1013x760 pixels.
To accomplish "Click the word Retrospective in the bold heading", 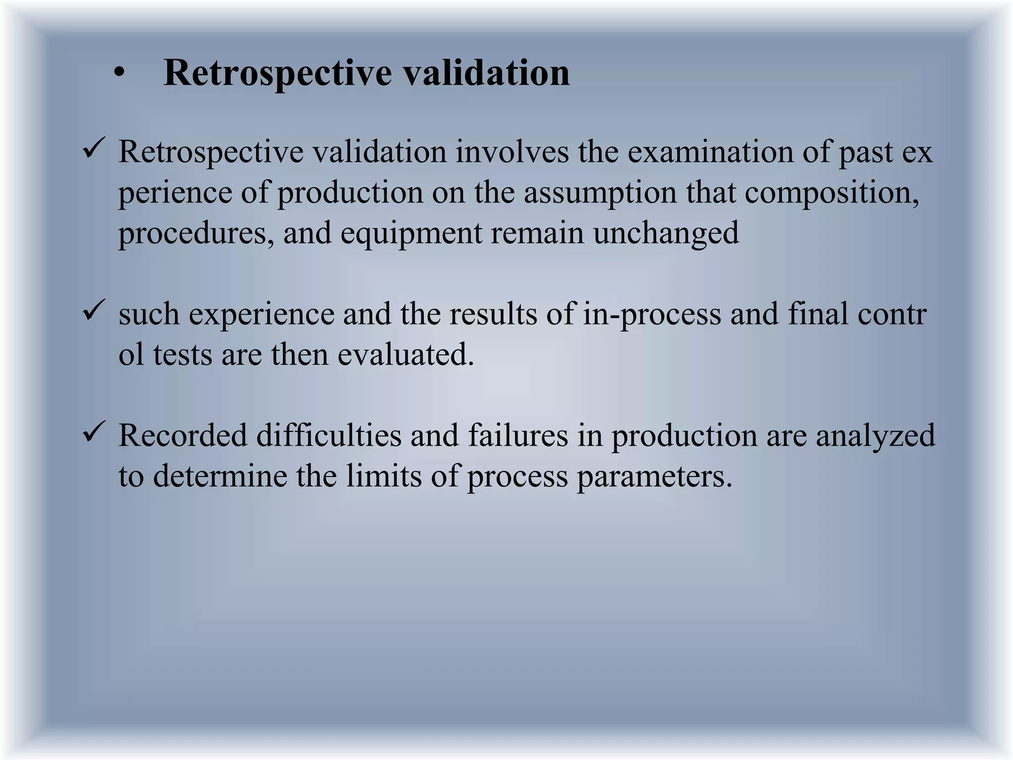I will (x=277, y=73).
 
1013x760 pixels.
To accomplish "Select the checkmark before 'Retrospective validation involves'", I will (x=93, y=149).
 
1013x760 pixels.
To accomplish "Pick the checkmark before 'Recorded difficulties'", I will (x=93, y=432).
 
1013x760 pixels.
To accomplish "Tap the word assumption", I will (x=600, y=192).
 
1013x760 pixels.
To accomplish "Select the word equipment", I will (x=411, y=234).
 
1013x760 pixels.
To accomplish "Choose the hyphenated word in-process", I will (x=652, y=314).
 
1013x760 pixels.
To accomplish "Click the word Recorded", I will (x=183, y=436).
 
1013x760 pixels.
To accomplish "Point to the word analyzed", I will (x=875, y=436).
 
